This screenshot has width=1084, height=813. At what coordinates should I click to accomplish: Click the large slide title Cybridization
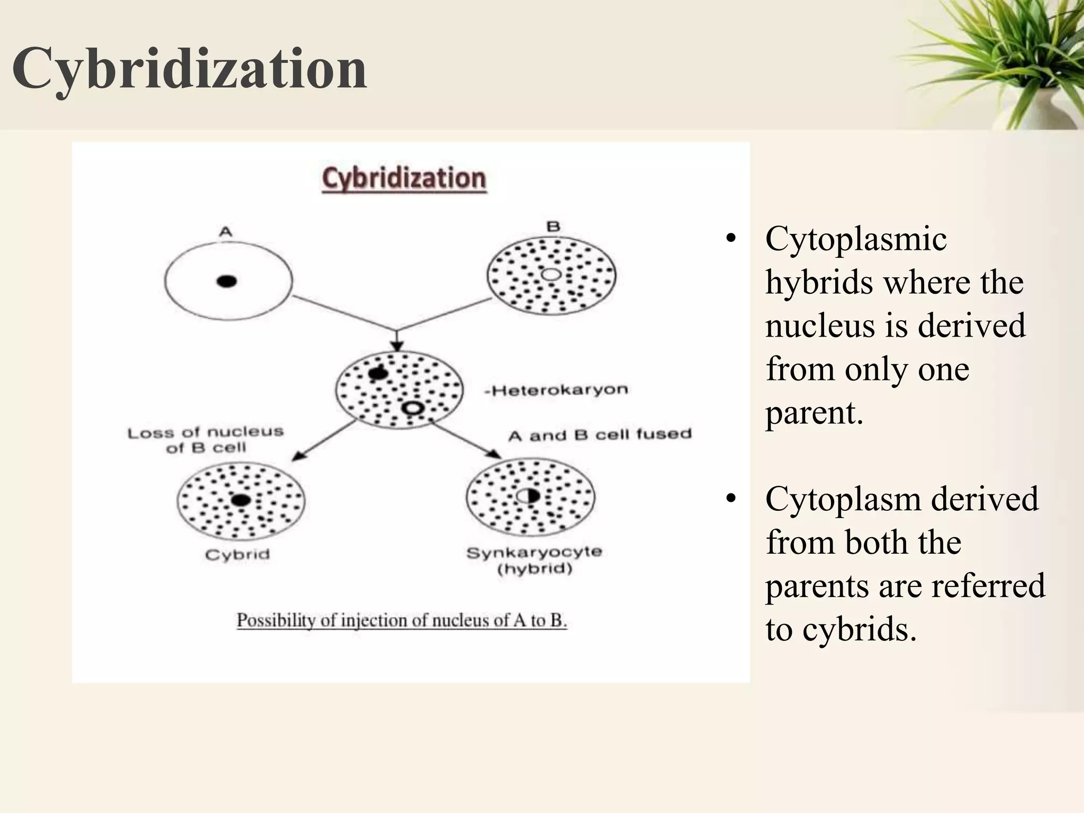pyautogui.click(x=189, y=69)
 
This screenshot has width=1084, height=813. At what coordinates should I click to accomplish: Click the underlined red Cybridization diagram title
pyautogui.click(x=404, y=178)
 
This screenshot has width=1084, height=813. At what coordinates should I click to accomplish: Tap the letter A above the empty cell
pyautogui.click(x=225, y=231)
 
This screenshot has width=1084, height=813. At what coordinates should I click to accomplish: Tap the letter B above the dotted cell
pyautogui.click(x=553, y=227)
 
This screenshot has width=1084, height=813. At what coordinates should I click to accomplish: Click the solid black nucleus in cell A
pyautogui.click(x=227, y=281)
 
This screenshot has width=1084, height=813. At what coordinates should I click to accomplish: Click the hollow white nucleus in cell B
pyautogui.click(x=551, y=274)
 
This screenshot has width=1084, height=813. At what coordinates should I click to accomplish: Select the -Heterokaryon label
pyautogui.click(x=556, y=391)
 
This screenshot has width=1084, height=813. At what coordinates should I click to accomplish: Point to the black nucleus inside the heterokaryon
pyautogui.click(x=378, y=374)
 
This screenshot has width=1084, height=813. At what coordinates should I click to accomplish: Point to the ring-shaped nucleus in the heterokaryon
pyautogui.click(x=412, y=408)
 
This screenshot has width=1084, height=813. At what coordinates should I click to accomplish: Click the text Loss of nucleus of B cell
pyautogui.click(x=205, y=440)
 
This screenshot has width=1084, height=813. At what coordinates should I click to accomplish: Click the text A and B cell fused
pyautogui.click(x=600, y=435)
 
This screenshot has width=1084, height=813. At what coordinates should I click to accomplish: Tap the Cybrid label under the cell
pyautogui.click(x=237, y=555)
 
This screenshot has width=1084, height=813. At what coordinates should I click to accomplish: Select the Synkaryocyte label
pyautogui.click(x=534, y=552)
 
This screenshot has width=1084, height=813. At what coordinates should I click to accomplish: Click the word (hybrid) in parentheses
pyautogui.click(x=535, y=570)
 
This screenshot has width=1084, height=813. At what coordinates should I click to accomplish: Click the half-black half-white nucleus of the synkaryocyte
pyautogui.click(x=528, y=496)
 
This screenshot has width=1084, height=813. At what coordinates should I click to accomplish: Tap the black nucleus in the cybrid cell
pyautogui.click(x=241, y=500)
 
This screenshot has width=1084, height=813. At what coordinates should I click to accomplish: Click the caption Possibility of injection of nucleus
pyautogui.click(x=401, y=620)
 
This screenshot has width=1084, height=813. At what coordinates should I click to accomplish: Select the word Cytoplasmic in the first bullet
pyautogui.click(x=855, y=239)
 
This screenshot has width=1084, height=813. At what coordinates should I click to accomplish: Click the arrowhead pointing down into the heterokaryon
pyautogui.click(x=397, y=346)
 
